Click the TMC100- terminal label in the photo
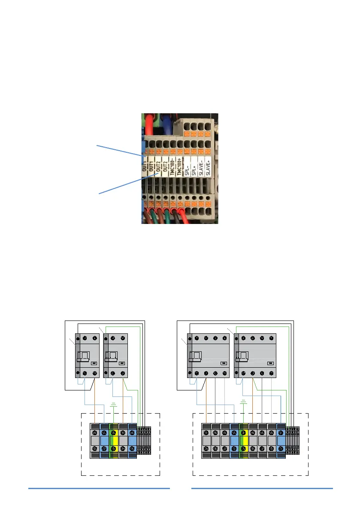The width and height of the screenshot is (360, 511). [173, 164]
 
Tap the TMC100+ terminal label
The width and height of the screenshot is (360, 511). [179, 164]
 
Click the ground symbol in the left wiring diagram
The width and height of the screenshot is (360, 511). [114, 405]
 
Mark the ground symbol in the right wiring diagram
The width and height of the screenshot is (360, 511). [244, 402]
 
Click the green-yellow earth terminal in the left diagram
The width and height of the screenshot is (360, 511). [114, 441]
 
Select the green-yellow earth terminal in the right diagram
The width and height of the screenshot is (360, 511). [244, 441]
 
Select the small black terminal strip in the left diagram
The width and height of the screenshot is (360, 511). [144, 440]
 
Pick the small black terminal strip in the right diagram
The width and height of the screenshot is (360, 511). [293, 440]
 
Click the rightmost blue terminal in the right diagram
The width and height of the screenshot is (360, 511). [281, 441]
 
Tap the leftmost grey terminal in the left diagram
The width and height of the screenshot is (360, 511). [95, 441]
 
